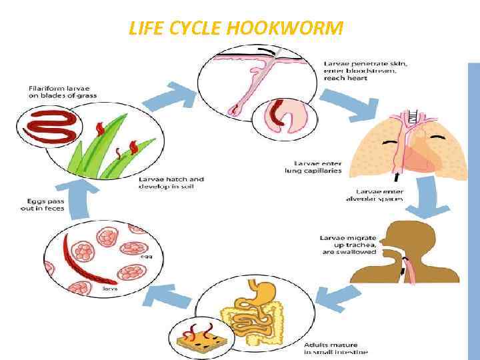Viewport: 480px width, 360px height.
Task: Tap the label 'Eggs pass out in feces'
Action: [43, 205]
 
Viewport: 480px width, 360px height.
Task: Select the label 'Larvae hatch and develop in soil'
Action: [171, 183]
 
